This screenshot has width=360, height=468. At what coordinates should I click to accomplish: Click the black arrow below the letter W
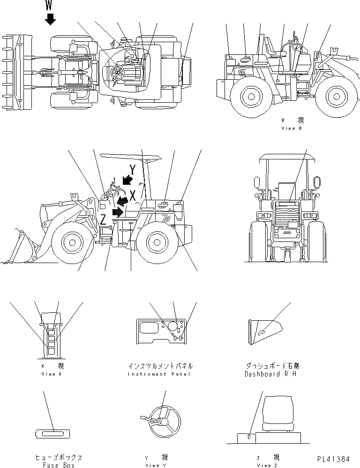pos(50,19)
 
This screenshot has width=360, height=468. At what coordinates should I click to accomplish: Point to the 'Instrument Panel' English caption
pos(160,374)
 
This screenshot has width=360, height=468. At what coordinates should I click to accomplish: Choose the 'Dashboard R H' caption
pos(270,374)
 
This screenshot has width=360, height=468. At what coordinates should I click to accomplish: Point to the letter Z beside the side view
pos(103,219)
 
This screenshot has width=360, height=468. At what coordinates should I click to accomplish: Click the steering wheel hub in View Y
pos(161,421)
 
